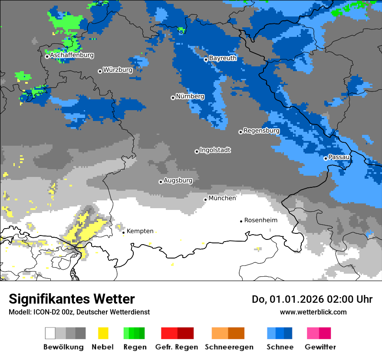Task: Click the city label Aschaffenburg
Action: pyautogui.click(x=72, y=56)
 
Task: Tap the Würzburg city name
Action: pyautogui.click(x=118, y=70)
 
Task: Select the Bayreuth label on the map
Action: pyautogui.click(x=223, y=58)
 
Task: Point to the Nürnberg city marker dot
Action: pyautogui.click(x=173, y=98)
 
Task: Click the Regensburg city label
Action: pyautogui.click(x=261, y=131)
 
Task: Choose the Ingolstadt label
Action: pyautogui.click(x=215, y=150)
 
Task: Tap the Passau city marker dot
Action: pyautogui.click(x=326, y=158)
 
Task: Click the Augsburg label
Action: pyautogui.click(x=178, y=180)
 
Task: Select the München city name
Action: pyautogui.click(x=222, y=198)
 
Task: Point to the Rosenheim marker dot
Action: pyautogui.click(x=241, y=221)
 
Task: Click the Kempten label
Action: pyautogui.click(x=140, y=231)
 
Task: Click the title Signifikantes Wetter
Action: pyautogui.click(x=72, y=299)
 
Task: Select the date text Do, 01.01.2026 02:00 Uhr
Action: pyautogui.click(x=312, y=299)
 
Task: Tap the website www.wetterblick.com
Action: pyautogui.click(x=313, y=312)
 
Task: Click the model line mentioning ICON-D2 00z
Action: pyautogui.click(x=79, y=312)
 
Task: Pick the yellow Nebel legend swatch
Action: pyautogui.click(x=103, y=333)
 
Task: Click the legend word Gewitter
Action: pyautogui.click(x=320, y=347)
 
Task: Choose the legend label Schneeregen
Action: pyautogui.click(x=229, y=347)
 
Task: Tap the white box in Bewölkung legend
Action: pyautogui.click(x=50, y=333)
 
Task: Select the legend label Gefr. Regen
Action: pyautogui.click(x=177, y=347)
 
